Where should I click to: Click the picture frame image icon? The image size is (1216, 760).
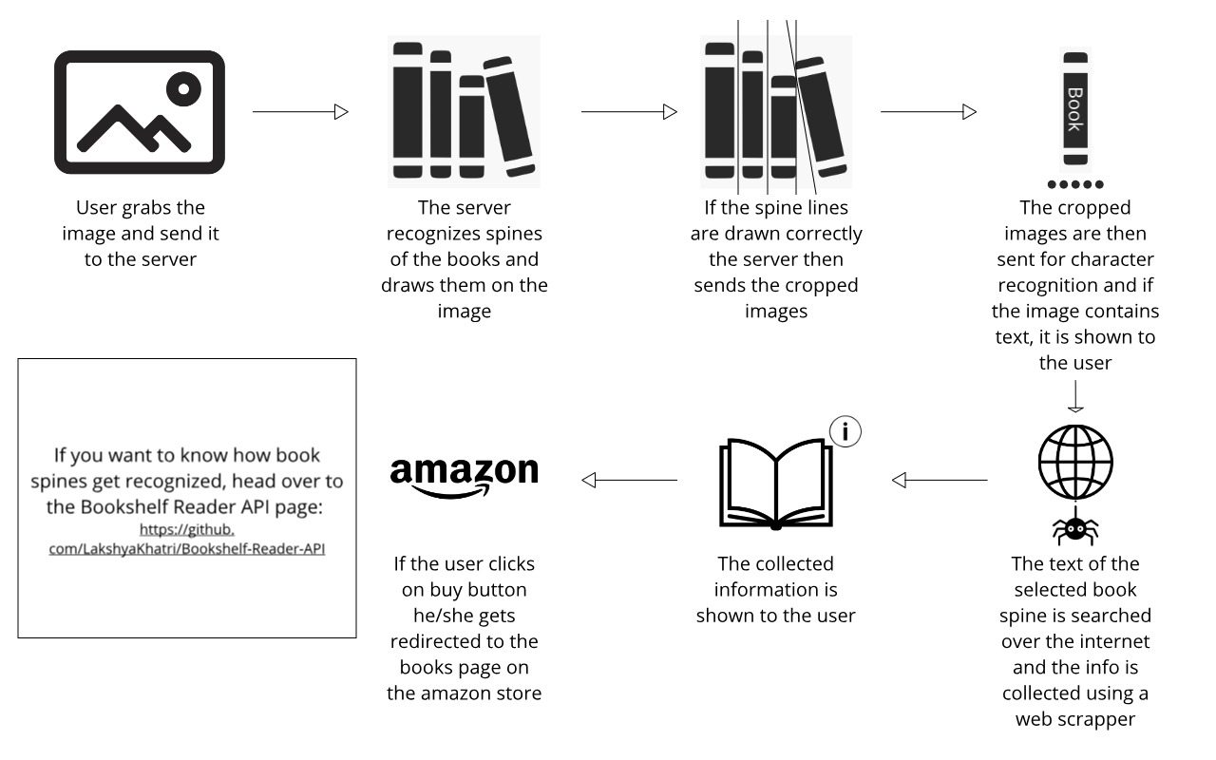click(139, 112)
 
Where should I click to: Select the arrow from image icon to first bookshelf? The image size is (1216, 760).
click(300, 112)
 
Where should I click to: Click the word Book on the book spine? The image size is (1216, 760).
click(1074, 109)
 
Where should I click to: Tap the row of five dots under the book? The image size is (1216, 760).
click(1075, 184)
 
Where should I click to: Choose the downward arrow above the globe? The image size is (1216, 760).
click(1075, 396)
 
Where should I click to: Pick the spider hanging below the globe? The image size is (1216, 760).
click(1075, 528)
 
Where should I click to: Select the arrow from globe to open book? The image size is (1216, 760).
click(940, 481)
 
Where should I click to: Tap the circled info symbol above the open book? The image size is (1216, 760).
click(845, 432)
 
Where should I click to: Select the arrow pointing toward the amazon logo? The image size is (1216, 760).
click(629, 481)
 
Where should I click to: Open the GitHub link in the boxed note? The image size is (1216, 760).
click(187, 539)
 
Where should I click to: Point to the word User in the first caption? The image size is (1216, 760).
click(98, 208)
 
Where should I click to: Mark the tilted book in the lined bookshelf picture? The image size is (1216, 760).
click(819, 116)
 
